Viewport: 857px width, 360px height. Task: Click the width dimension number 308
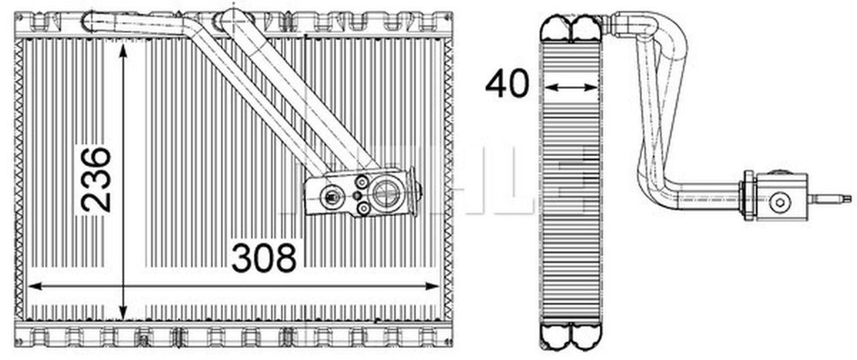click(264, 258)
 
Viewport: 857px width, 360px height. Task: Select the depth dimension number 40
click(507, 84)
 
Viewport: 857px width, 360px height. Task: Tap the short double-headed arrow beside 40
click(570, 86)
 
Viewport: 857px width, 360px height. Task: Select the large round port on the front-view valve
click(386, 194)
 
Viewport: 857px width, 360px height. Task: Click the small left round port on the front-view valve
click(330, 196)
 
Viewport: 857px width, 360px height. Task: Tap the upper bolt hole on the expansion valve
click(362, 181)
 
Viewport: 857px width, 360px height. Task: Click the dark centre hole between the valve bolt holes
click(358, 195)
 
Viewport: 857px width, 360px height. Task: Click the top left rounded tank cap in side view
click(555, 28)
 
